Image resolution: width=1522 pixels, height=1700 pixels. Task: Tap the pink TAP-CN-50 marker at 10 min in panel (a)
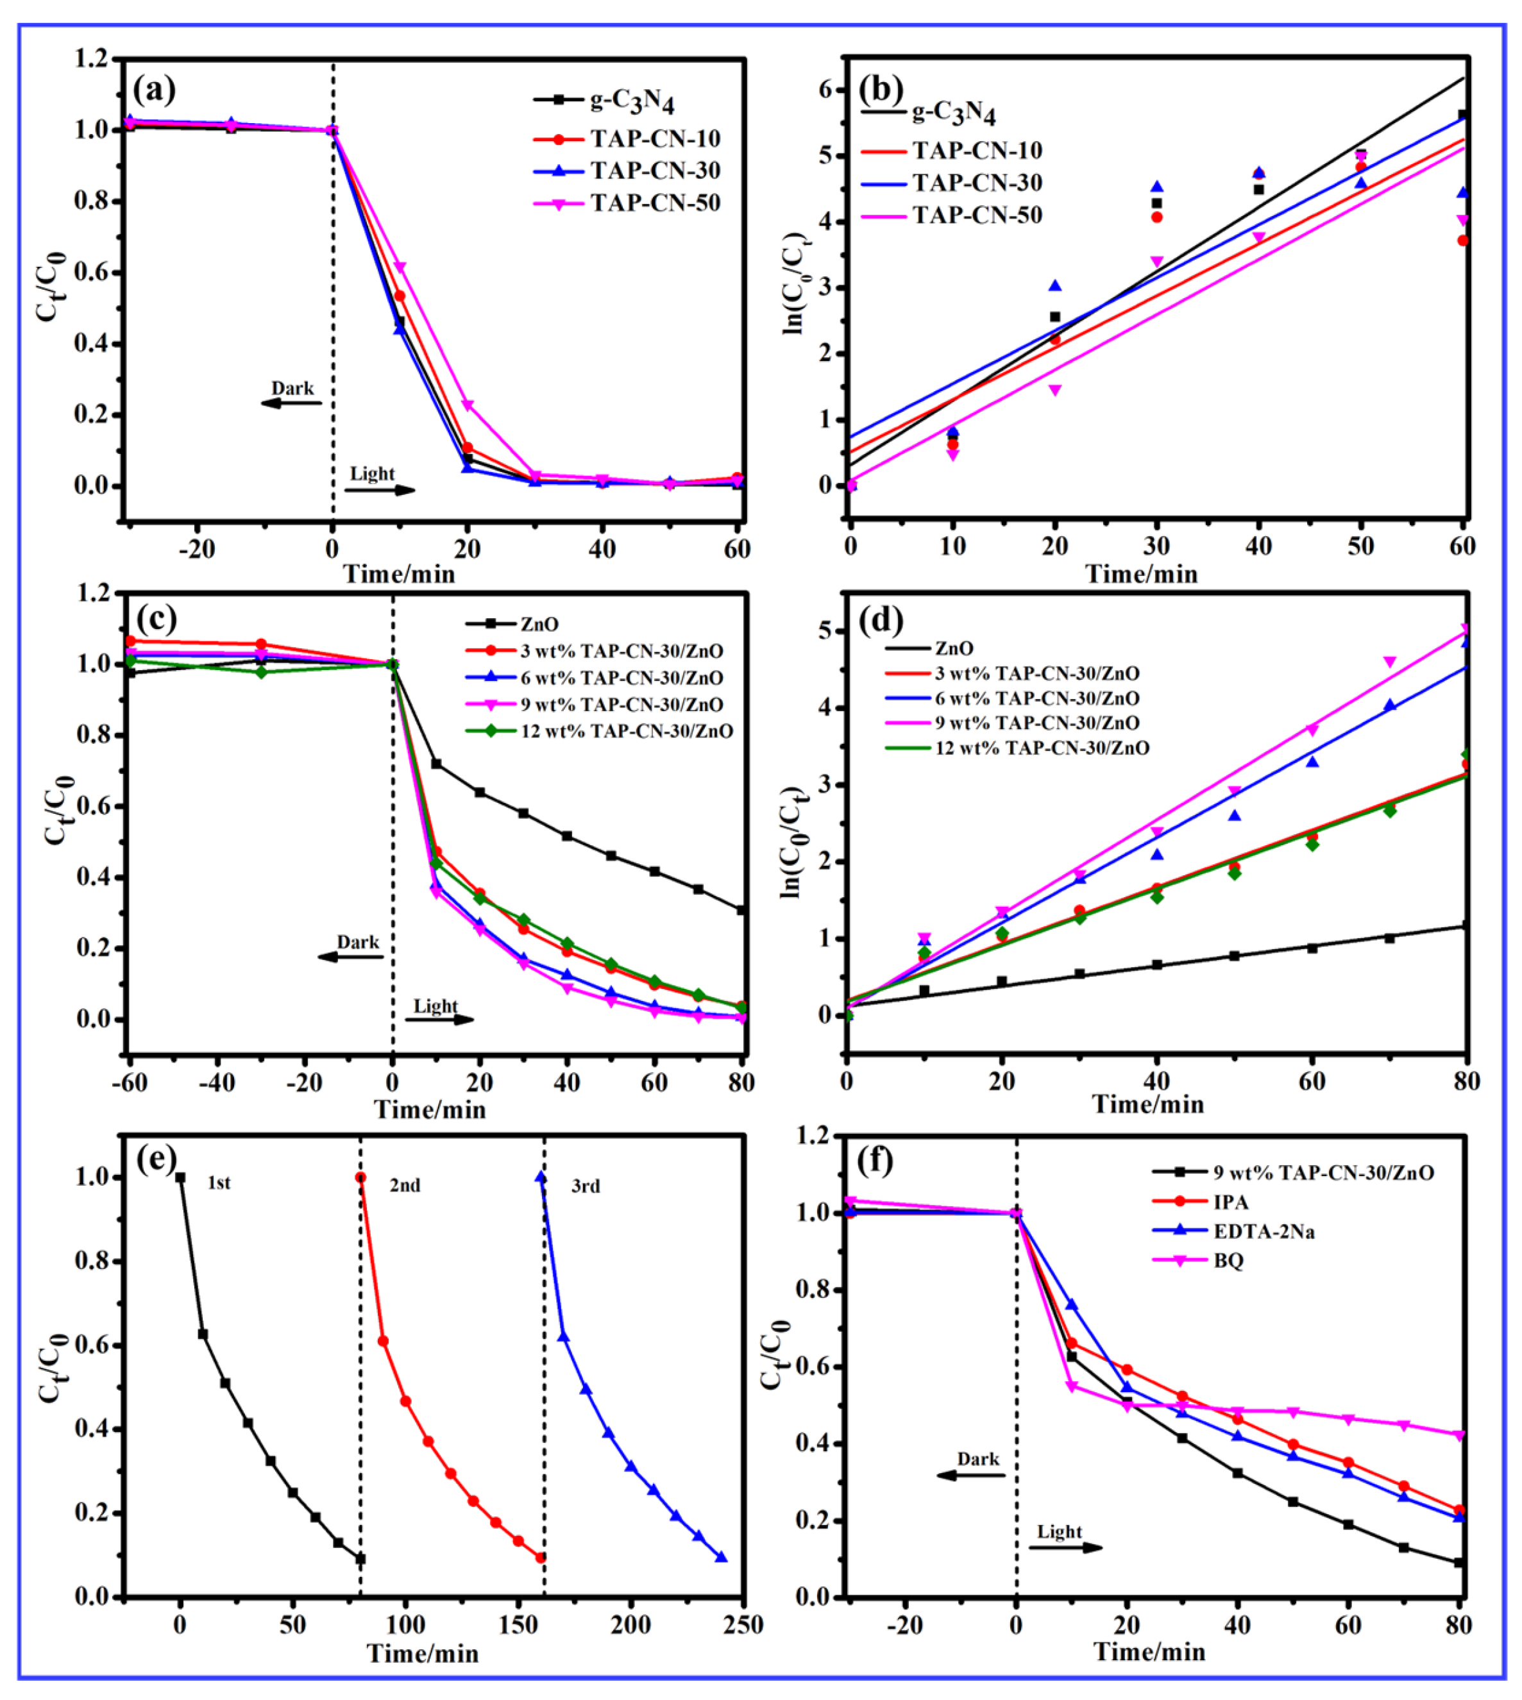400,267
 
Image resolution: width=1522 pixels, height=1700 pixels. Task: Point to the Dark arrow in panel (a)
291,402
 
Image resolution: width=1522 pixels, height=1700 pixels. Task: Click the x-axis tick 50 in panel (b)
1360,547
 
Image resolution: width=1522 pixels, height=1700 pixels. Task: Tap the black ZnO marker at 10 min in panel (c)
435,764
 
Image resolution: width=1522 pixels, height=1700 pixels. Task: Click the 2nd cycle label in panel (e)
405,1185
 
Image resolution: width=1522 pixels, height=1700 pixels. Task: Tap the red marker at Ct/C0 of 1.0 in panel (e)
360,1177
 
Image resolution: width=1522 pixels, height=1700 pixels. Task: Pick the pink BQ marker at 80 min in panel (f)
1459,1435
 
